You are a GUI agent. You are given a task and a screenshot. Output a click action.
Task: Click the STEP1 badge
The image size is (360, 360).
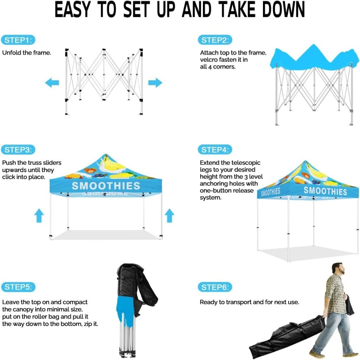click(x=18, y=40)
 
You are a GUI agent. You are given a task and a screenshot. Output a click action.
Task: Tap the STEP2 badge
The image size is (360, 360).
click(x=215, y=40)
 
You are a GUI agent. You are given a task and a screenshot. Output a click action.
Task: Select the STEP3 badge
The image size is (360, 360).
click(x=18, y=150)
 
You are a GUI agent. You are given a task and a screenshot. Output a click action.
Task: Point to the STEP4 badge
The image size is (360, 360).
click(x=215, y=150)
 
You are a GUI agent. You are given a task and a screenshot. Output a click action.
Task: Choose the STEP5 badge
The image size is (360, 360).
click(x=18, y=287)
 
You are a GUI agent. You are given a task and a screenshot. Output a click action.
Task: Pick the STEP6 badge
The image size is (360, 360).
click(x=215, y=287)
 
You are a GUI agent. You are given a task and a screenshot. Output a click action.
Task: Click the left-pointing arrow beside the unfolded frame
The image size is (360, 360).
click(x=52, y=83)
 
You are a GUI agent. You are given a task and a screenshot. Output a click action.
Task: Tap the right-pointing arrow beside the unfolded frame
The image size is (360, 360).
click(x=155, y=83)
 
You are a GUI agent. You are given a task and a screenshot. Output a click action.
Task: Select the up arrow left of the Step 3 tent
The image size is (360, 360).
click(x=39, y=216)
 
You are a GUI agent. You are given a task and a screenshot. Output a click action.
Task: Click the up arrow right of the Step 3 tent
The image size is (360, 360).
click(x=169, y=216)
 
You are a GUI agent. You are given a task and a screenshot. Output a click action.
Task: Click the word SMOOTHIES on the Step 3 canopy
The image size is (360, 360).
click(x=106, y=186)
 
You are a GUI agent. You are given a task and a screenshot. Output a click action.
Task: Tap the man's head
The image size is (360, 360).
click(x=339, y=268)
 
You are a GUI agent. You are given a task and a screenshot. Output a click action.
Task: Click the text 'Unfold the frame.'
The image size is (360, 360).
click(x=27, y=53)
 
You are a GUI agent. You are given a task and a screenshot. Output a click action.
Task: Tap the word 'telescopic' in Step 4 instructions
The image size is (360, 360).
click(x=246, y=163)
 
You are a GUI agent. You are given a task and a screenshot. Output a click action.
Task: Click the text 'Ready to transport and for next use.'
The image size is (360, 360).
click(x=250, y=302)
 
